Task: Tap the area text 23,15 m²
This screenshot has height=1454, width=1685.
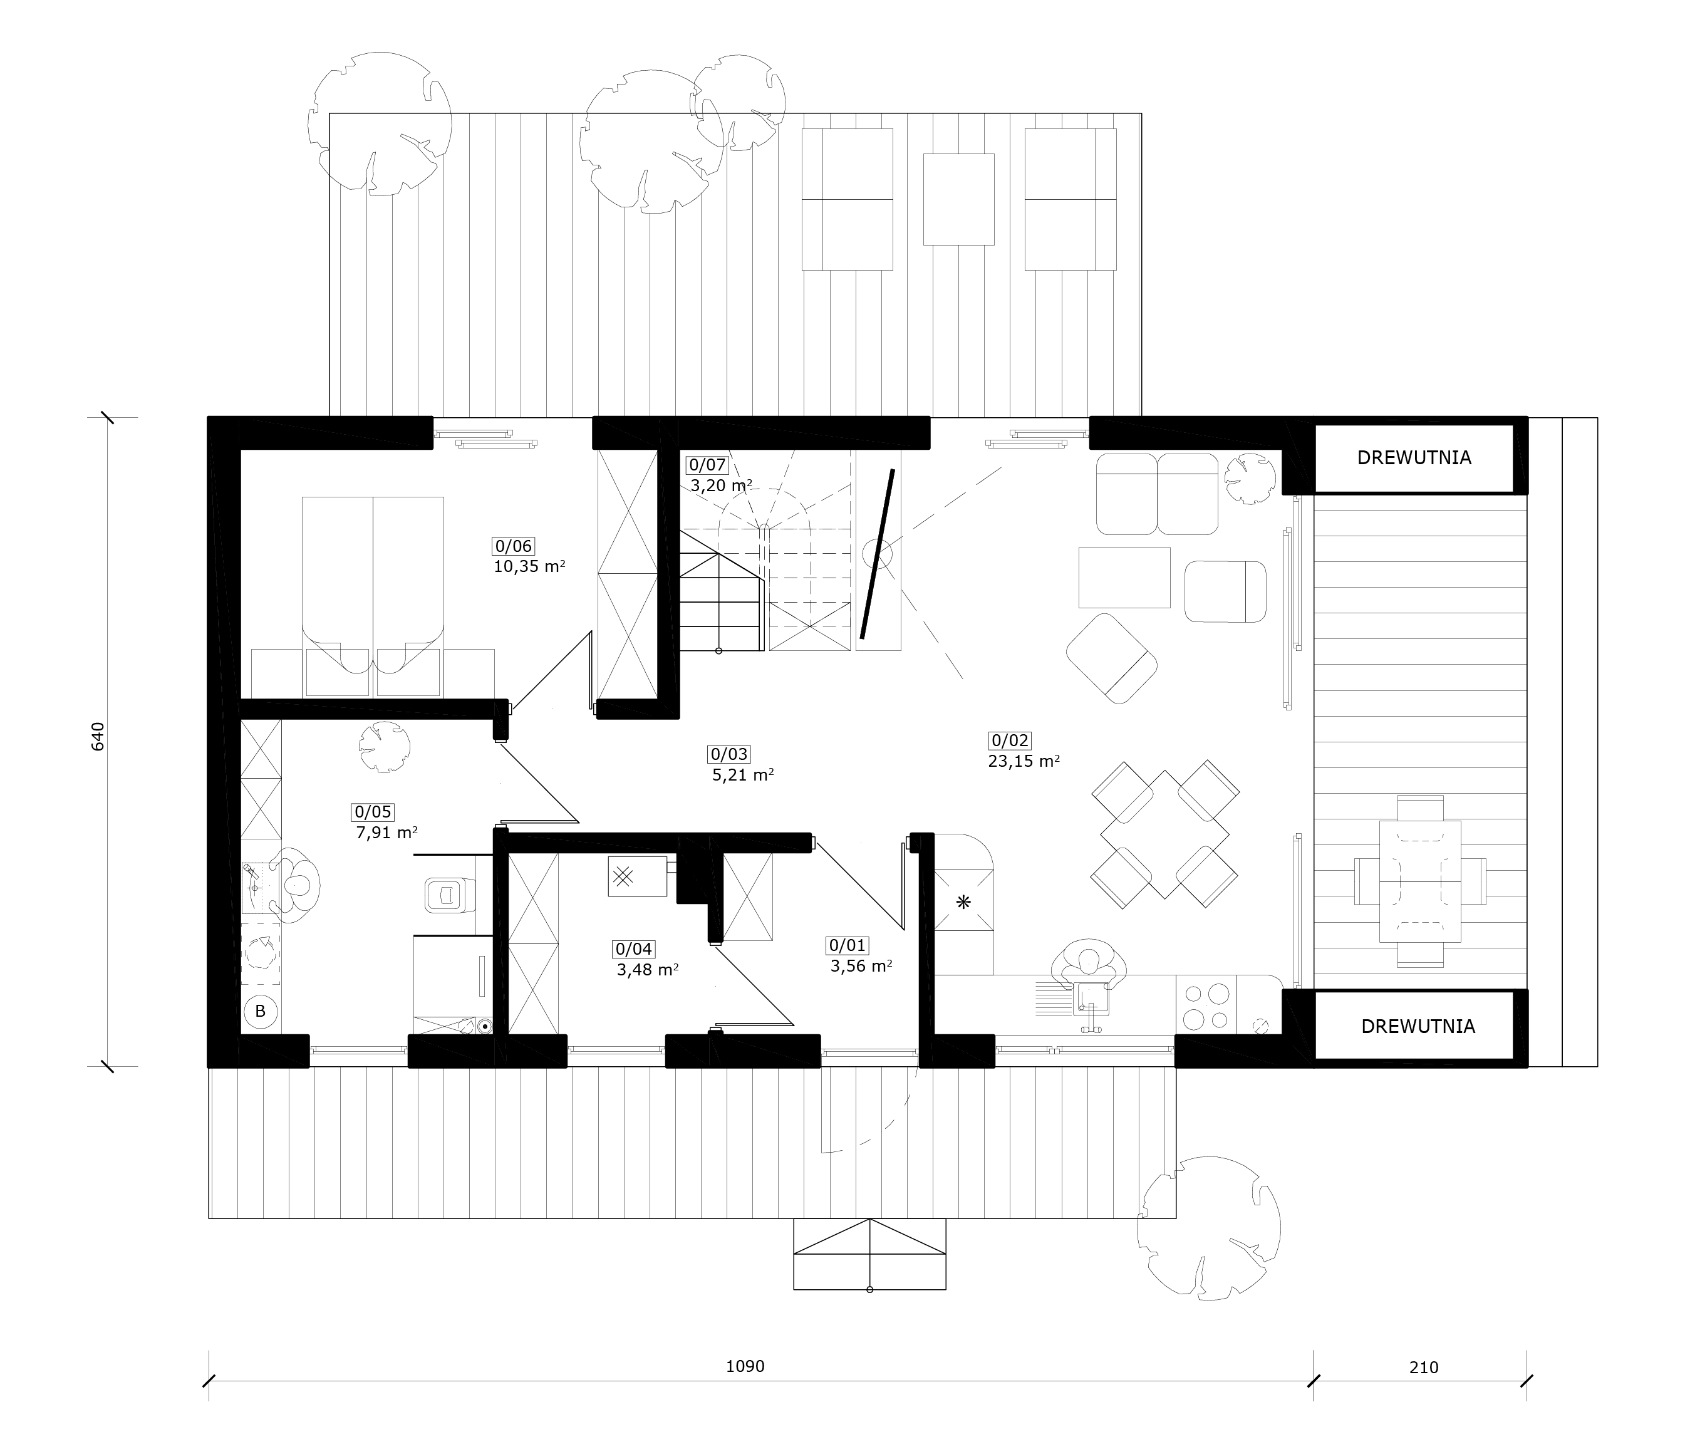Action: (1024, 761)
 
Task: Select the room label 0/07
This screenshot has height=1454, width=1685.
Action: (706, 465)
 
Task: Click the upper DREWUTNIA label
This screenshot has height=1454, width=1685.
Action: (1414, 458)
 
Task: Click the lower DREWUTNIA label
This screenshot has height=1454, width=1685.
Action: (1418, 1026)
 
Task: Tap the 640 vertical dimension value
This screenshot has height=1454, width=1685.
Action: (98, 736)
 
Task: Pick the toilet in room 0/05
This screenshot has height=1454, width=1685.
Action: (450, 895)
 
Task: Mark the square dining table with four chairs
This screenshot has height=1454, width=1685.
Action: (1164, 834)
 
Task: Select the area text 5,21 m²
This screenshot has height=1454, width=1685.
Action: (742, 775)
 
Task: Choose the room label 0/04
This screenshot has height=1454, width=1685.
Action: (635, 949)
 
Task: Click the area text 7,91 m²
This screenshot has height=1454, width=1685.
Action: (387, 833)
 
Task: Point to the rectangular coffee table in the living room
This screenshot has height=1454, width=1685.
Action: (1124, 578)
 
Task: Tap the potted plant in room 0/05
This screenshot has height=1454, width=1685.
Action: (383, 747)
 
